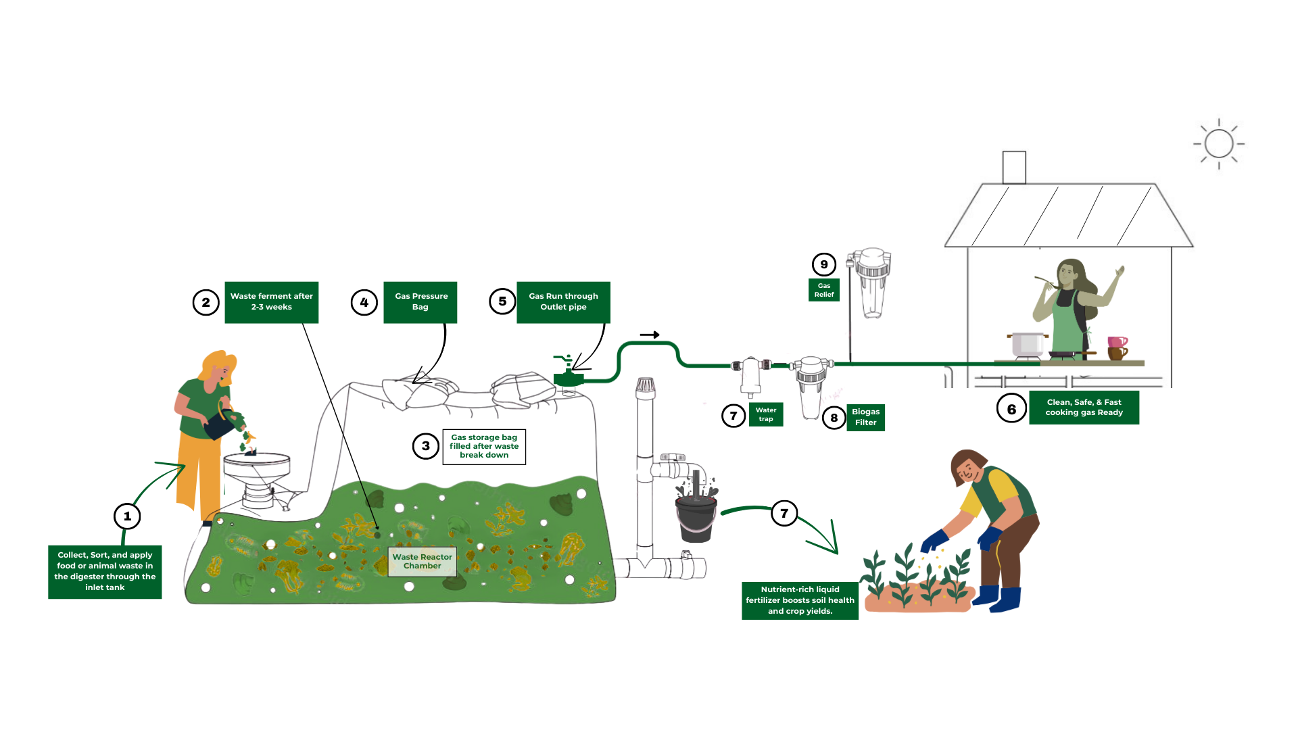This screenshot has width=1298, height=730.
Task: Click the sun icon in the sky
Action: click(x=1219, y=144)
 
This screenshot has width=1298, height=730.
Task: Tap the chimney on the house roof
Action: click(x=1014, y=167)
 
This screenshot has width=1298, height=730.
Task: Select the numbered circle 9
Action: click(x=823, y=265)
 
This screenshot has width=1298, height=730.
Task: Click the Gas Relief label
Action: click(x=824, y=290)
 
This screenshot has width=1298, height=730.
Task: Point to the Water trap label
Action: click(x=766, y=414)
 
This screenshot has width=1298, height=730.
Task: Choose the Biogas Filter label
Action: click(x=865, y=417)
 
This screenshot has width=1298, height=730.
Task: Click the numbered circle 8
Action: click(x=834, y=418)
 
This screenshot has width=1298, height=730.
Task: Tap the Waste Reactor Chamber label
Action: click(x=423, y=561)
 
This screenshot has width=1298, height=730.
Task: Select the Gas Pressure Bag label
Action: click(x=420, y=301)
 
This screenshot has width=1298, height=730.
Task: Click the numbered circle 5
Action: click(x=502, y=301)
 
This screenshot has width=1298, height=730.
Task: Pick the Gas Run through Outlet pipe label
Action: click(x=563, y=301)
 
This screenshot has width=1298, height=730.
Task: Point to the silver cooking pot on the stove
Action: click(x=1027, y=344)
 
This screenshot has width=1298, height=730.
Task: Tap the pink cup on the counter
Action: click(x=1117, y=342)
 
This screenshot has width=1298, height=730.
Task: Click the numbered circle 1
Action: click(x=127, y=516)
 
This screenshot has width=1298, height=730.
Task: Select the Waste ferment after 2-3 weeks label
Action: click(x=271, y=301)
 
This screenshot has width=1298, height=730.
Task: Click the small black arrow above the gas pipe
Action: click(x=650, y=335)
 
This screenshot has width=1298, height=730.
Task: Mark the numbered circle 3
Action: click(x=426, y=446)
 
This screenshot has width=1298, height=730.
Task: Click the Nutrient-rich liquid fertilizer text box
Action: click(x=800, y=600)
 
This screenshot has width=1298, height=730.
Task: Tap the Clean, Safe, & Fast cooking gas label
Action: click(x=1084, y=407)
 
